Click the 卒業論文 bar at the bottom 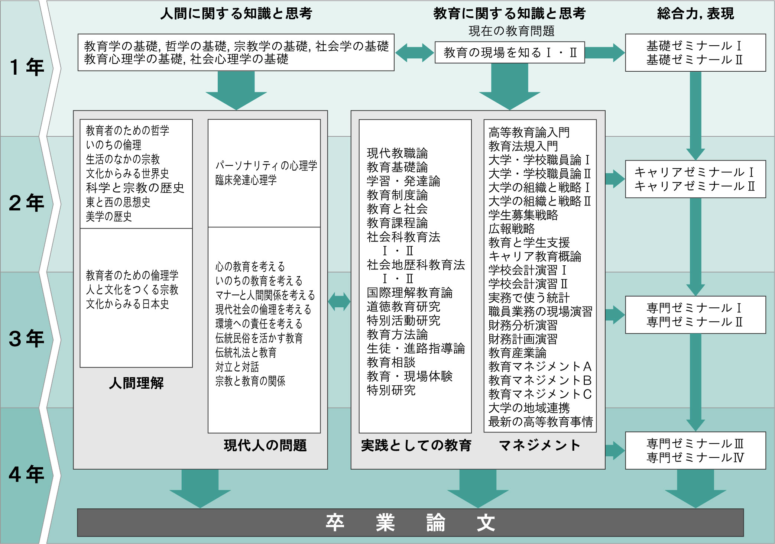[x=410, y=522]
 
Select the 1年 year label [x=27, y=68]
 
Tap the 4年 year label [x=27, y=475]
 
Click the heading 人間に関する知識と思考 [x=236, y=14]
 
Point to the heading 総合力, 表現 [x=695, y=14]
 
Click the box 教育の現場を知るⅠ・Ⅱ [x=510, y=52]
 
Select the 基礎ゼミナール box [x=695, y=53]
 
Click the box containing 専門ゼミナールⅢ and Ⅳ [x=695, y=450]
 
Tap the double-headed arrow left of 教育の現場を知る [x=414, y=52]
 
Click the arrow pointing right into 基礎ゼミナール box [x=605, y=52]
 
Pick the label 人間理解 [x=136, y=383]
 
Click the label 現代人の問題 [x=265, y=445]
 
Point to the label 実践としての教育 [x=416, y=445]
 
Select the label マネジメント [x=539, y=445]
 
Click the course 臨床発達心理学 [x=246, y=180]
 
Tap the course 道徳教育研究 [x=403, y=307]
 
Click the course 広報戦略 [x=511, y=229]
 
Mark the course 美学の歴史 [x=109, y=216]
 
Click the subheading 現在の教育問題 [x=511, y=31]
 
